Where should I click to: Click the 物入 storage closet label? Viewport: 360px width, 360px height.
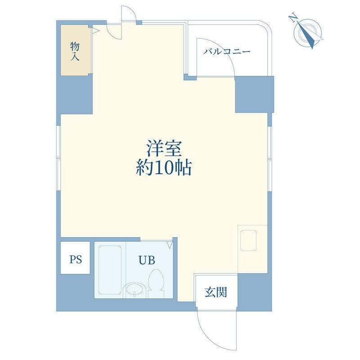click(x=75, y=51)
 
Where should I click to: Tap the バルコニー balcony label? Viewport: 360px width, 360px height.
click(x=227, y=51)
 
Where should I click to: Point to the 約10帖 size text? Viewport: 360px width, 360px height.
click(x=164, y=167)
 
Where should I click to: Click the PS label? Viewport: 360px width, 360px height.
click(x=76, y=260)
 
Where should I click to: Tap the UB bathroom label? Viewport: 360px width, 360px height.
click(x=147, y=260)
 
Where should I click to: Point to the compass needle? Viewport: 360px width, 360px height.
click(x=306, y=35)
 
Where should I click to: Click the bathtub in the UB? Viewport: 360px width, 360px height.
click(x=110, y=270)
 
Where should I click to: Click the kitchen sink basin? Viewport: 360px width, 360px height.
click(x=248, y=240)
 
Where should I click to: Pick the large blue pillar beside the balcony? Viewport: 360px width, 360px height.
click(x=254, y=94)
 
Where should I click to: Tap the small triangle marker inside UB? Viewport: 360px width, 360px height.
click(x=170, y=244)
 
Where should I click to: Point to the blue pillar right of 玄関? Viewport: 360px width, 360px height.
click(x=255, y=292)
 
